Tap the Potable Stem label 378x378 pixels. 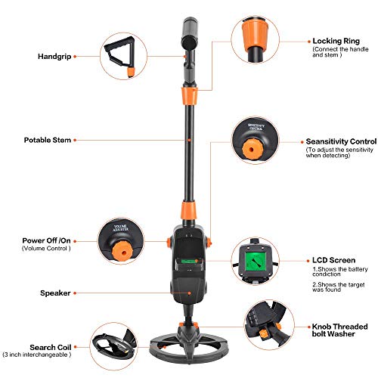click(47, 140)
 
